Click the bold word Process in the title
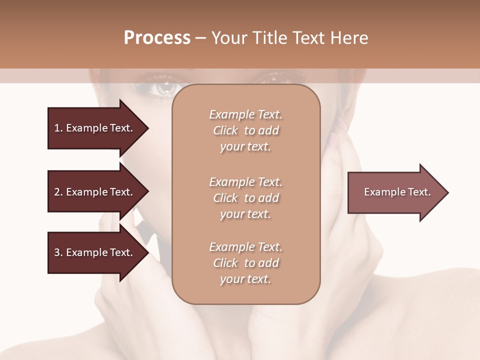click(157, 38)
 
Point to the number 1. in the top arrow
click(58, 128)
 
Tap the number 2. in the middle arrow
click(58, 192)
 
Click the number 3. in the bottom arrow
click(58, 252)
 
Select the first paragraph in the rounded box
click(245, 130)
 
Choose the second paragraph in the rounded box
click(245, 198)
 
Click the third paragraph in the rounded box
click(245, 263)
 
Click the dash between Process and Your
click(201, 38)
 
